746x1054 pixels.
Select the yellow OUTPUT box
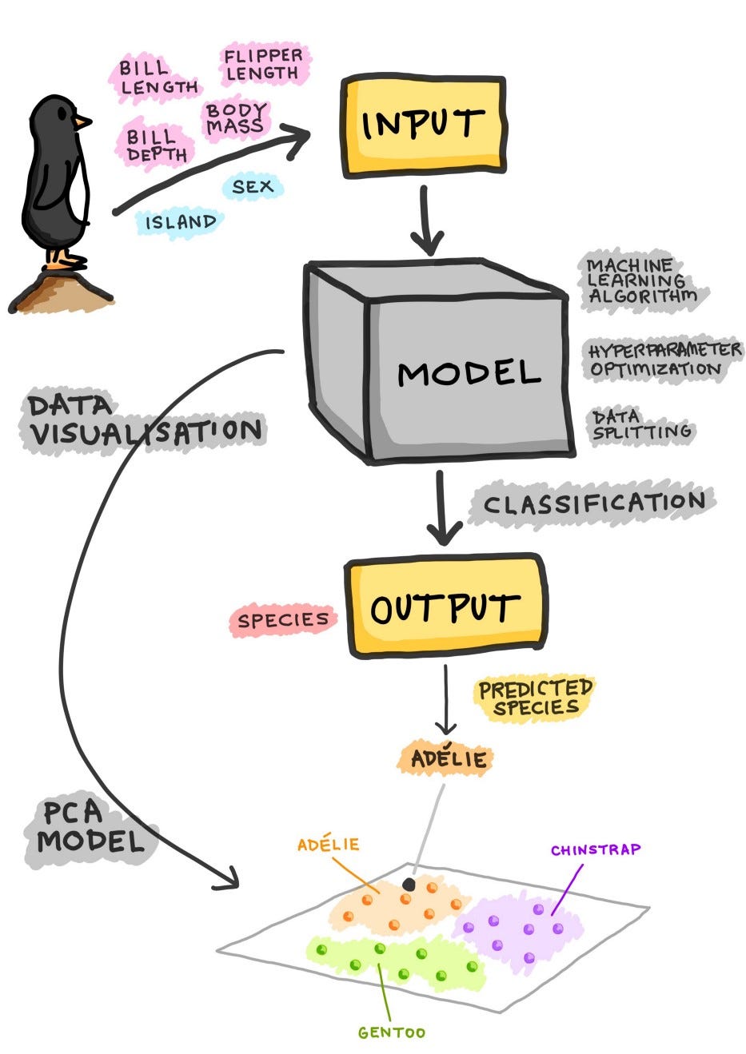(x=445, y=607)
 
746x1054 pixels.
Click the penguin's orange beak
(x=82, y=122)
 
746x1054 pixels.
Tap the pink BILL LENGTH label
(x=158, y=78)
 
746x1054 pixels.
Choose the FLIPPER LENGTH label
(x=263, y=65)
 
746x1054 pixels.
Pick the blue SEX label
(x=253, y=187)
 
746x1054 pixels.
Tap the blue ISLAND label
(x=180, y=221)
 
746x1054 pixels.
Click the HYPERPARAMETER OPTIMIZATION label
(x=664, y=360)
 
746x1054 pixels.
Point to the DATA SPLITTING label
(x=640, y=424)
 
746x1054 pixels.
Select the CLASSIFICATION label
(x=593, y=503)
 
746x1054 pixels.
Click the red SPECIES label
(x=283, y=620)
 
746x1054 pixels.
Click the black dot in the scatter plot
(x=409, y=884)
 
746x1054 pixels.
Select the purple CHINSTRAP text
(x=595, y=849)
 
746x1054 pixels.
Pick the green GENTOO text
(x=391, y=1032)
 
